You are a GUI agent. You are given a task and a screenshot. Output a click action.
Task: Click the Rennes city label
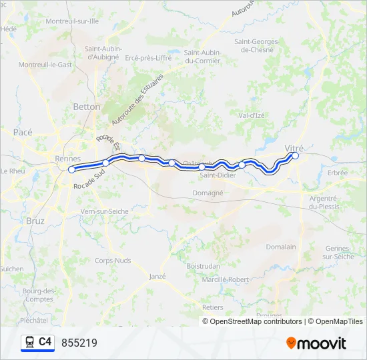(68, 159)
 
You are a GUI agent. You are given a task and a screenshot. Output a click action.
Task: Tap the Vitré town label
(294, 147)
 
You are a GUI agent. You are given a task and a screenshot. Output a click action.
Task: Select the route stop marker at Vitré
(296, 156)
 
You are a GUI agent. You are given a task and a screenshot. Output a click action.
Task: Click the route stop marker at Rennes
(71, 170)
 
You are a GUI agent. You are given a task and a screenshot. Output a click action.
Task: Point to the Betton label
(87, 107)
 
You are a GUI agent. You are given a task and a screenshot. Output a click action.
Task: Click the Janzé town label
(157, 276)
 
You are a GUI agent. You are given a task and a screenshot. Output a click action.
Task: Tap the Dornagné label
(208, 192)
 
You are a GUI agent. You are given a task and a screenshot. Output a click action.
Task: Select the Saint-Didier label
(218, 176)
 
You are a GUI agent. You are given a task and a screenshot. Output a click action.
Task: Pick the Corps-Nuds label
(113, 261)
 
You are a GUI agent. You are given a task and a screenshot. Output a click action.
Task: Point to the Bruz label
(35, 220)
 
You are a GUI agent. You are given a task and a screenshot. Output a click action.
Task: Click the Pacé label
(23, 132)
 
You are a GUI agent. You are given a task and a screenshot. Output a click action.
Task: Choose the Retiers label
(212, 307)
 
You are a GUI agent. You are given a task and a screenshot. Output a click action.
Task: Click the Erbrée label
(338, 173)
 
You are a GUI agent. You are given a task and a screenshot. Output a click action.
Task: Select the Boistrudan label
(204, 265)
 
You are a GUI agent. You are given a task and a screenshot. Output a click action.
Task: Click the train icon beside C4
(29, 342)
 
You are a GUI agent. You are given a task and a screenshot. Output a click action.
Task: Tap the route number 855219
(79, 343)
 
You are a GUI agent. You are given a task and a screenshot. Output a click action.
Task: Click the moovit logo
(316, 343)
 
